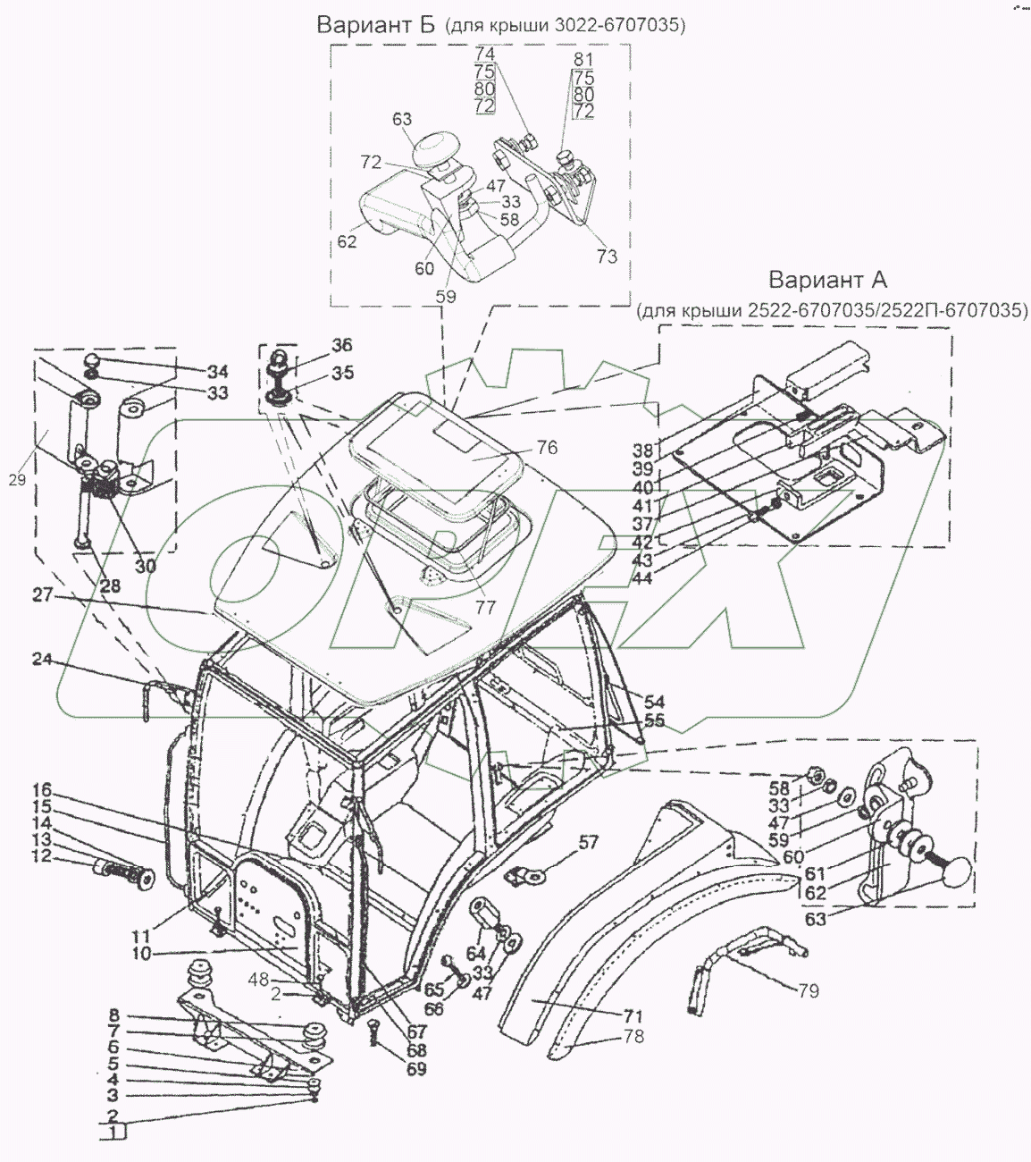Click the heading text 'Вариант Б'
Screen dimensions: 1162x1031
[x=375, y=25]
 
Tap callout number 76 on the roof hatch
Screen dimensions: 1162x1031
[x=547, y=448]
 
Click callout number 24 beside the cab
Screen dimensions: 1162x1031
[x=43, y=661]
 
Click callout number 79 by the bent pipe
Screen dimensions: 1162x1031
[x=808, y=990]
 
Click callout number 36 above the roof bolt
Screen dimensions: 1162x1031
[x=317, y=345]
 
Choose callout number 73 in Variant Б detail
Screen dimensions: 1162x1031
[x=607, y=257]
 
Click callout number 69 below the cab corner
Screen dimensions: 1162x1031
[x=415, y=1069]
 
